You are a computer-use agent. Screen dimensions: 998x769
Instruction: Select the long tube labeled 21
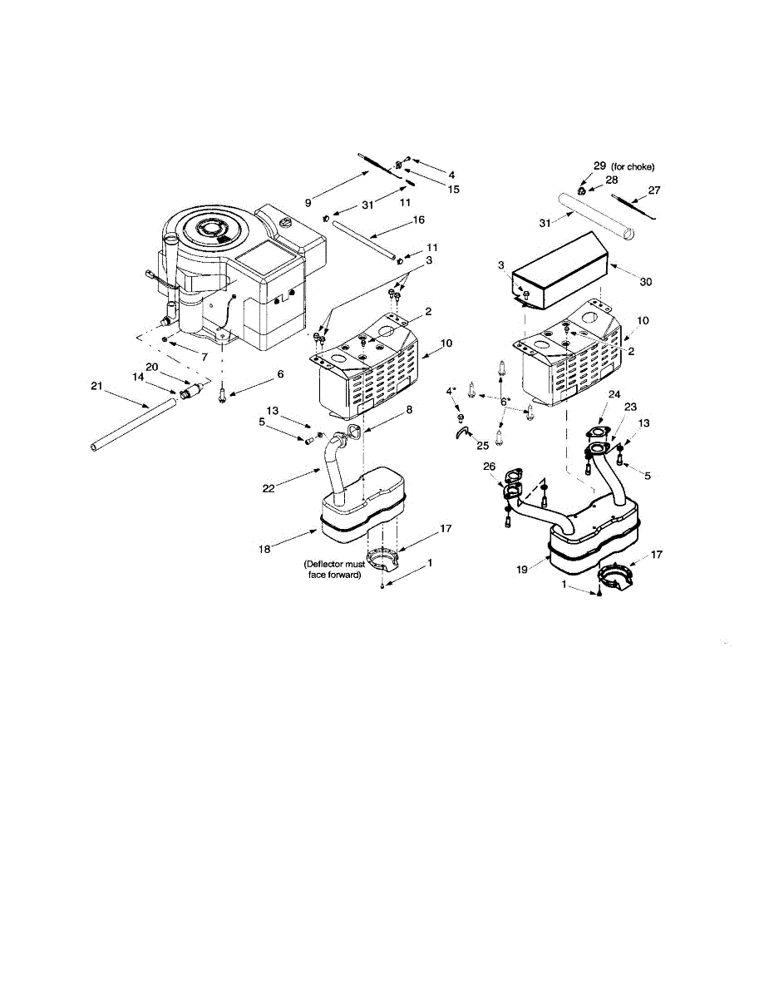[133, 425]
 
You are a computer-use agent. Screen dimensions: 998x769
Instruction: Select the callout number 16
[418, 220]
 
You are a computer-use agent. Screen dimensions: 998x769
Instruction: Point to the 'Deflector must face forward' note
[333, 570]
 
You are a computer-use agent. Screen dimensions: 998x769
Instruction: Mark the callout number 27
[653, 190]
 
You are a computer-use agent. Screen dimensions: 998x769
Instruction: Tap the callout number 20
[152, 366]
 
